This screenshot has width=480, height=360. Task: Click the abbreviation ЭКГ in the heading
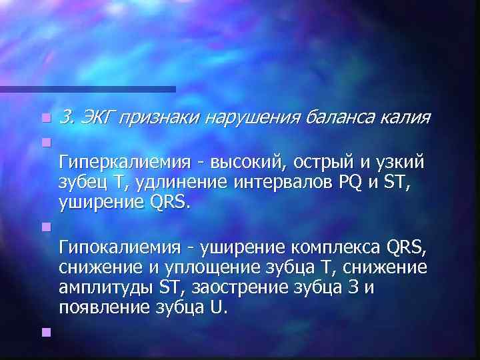pyautogui.click(x=99, y=119)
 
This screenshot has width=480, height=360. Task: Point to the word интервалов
pyautogui.click(x=278, y=183)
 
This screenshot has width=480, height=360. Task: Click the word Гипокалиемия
pyautogui.click(x=117, y=249)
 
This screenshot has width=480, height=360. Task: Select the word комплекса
pyautogui.click(x=333, y=249)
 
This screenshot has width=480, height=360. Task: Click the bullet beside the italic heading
pyautogui.click(x=45, y=118)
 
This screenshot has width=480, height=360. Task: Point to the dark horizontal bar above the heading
pyautogui.click(x=87, y=89)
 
